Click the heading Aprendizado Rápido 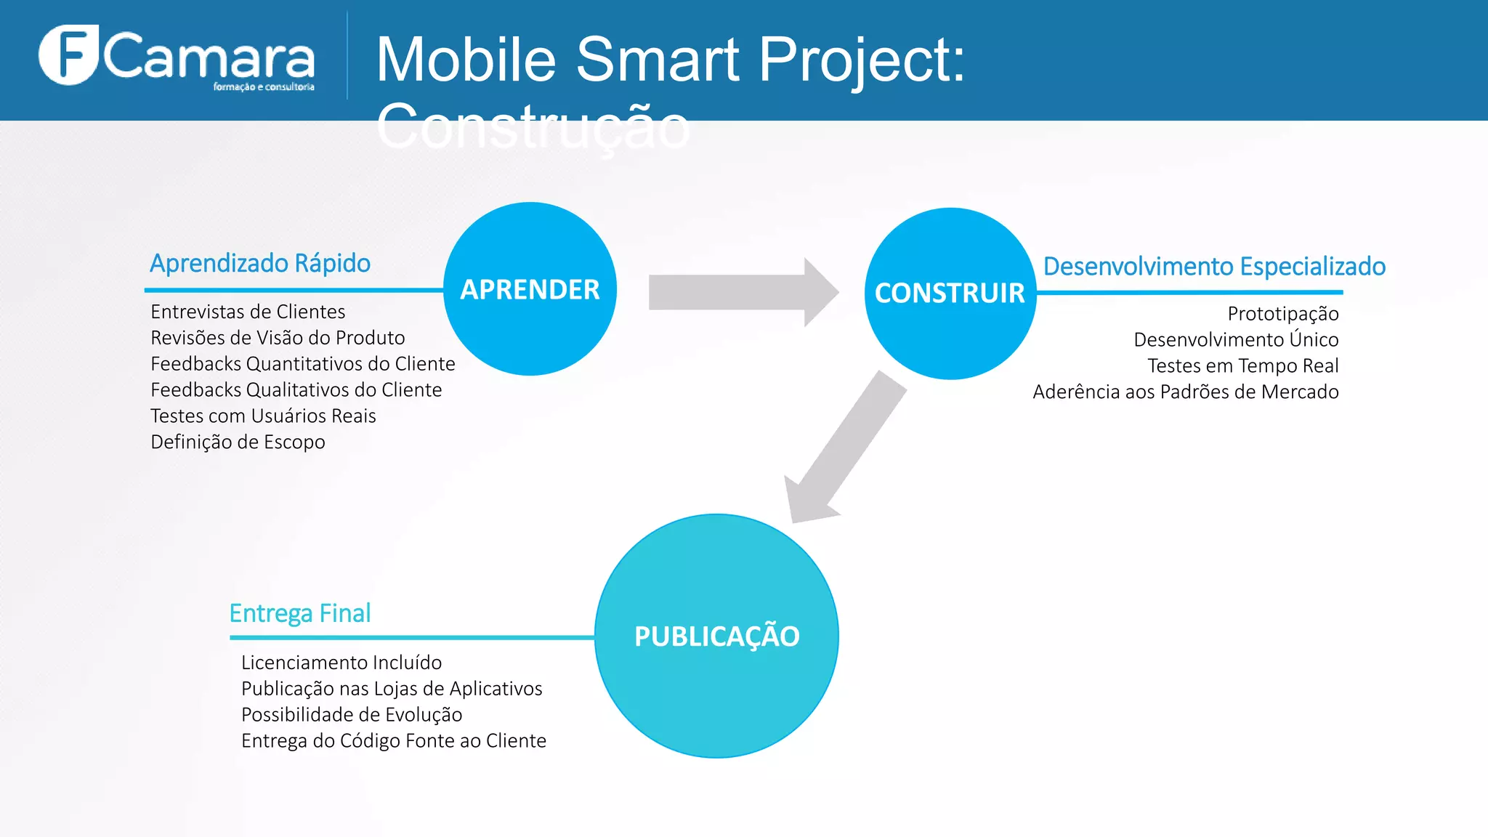(x=260, y=263)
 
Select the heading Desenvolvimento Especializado (x=1214, y=267)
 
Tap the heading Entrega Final (x=300, y=613)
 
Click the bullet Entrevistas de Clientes (x=248, y=312)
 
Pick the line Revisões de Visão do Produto (x=278, y=338)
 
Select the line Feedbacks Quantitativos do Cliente (x=302, y=364)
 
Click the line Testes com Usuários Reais (x=263, y=416)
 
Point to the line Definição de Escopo (x=238, y=442)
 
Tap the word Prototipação (x=1282, y=314)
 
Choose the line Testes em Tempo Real (x=1242, y=366)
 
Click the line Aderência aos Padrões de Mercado (x=1185, y=392)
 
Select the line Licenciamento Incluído (x=341, y=663)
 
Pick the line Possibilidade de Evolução (x=352, y=715)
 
